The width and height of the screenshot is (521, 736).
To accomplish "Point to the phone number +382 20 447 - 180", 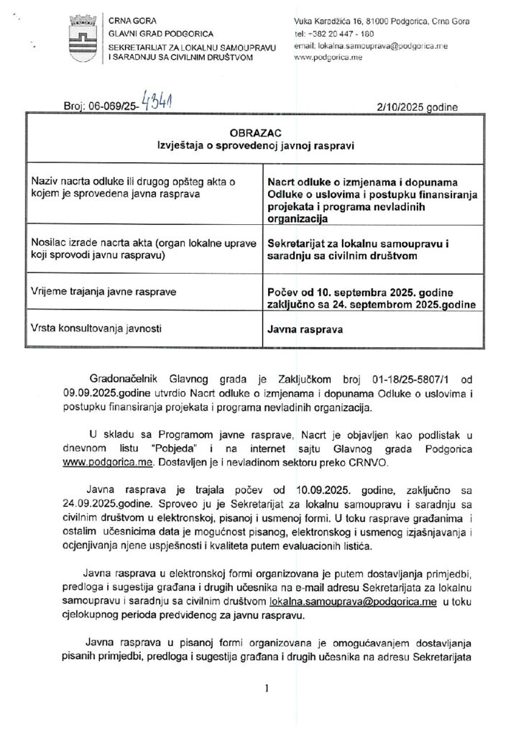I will pos(333,34).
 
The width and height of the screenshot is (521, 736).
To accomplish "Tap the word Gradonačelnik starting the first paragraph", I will pos(124,380).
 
